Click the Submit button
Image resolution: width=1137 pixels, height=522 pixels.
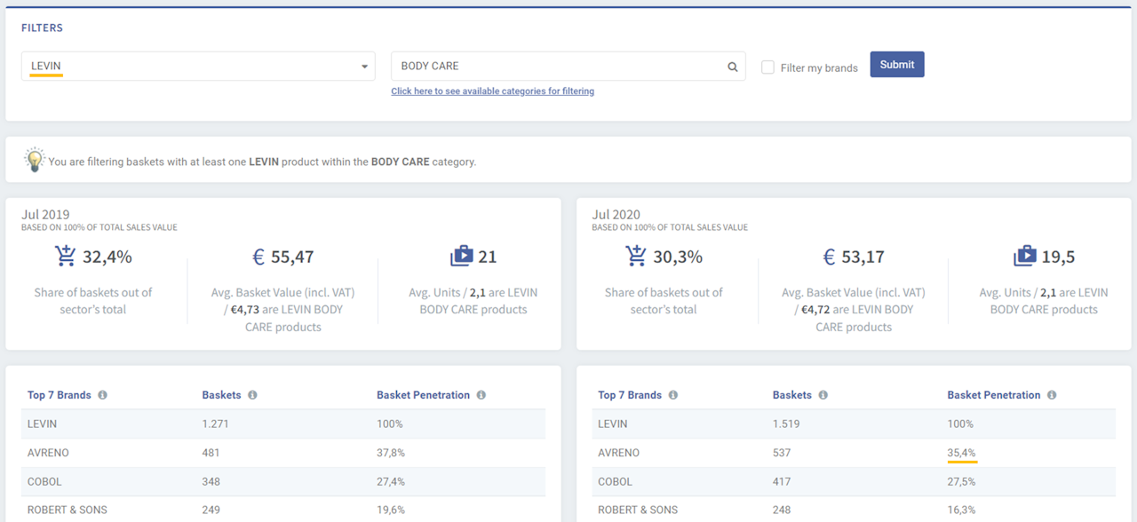(x=897, y=65)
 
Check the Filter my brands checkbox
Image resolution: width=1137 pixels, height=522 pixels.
(x=768, y=67)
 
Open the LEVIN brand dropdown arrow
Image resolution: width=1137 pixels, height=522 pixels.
(x=364, y=67)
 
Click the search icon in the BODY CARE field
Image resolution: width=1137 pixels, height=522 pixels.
(x=733, y=67)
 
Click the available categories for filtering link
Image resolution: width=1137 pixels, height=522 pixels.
(x=492, y=91)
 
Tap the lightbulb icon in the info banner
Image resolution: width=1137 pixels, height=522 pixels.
(x=35, y=161)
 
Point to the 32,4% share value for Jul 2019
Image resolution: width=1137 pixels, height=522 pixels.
(x=107, y=257)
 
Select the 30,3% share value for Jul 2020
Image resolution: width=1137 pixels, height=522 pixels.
(x=678, y=257)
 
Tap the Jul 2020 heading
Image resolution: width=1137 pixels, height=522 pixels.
(x=616, y=215)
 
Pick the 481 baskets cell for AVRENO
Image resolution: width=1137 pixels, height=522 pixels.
(x=211, y=453)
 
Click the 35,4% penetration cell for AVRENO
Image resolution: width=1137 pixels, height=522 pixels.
(x=961, y=453)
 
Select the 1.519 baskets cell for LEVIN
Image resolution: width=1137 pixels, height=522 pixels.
(x=786, y=423)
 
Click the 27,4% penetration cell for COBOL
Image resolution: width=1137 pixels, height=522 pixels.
(x=391, y=481)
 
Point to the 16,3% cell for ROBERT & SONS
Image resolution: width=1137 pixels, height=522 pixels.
(x=961, y=510)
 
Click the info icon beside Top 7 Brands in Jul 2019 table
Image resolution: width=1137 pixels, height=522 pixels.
(x=102, y=395)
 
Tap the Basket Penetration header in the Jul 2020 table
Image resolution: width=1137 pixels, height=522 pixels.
(x=993, y=395)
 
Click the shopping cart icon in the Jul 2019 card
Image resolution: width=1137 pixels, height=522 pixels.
(x=65, y=257)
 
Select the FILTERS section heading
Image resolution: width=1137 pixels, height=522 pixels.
(x=43, y=28)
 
